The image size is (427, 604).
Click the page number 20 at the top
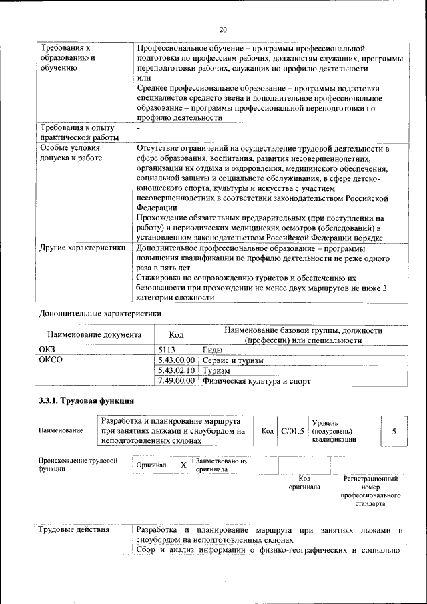click(x=223, y=29)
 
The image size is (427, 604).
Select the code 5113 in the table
click(x=166, y=349)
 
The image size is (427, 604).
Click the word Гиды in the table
click(x=213, y=349)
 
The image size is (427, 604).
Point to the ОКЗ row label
click(x=49, y=349)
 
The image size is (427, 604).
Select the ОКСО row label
click(x=52, y=360)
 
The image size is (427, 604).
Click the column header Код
click(x=176, y=335)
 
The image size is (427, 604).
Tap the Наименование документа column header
click(x=94, y=335)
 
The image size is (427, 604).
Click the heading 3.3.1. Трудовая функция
click(x=87, y=401)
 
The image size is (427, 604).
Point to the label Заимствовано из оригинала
click(x=221, y=465)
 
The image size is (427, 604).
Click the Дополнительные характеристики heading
click(x=100, y=312)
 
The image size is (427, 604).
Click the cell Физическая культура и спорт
click(x=256, y=381)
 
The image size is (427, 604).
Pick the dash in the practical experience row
click(x=138, y=128)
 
